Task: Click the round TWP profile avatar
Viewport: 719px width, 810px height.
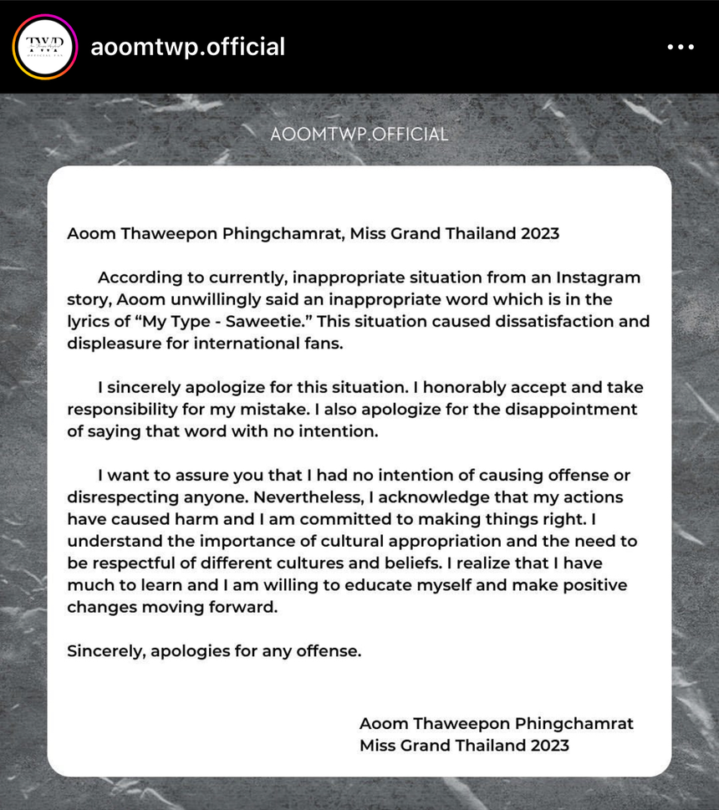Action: pos(44,47)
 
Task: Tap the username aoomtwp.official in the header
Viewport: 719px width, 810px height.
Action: pos(188,47)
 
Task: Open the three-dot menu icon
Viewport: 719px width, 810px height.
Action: pos(681,48)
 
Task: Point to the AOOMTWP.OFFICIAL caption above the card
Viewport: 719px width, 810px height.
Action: pos(359,134)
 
